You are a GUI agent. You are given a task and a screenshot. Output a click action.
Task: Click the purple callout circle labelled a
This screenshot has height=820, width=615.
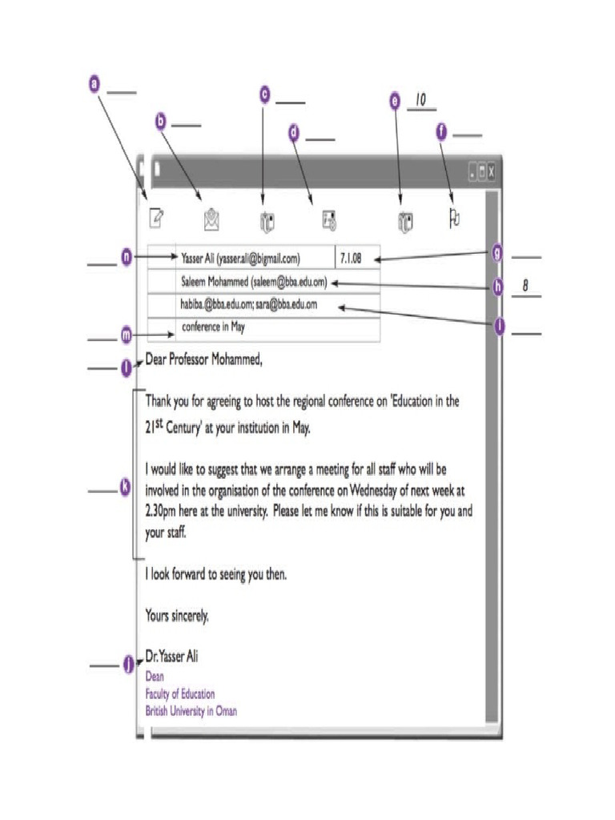94,82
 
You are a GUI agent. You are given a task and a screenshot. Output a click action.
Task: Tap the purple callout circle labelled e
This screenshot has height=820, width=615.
395,102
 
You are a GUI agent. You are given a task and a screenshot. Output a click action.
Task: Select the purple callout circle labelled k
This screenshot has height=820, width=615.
125,487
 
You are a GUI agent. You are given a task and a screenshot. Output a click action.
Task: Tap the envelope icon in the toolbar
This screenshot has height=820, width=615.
211,219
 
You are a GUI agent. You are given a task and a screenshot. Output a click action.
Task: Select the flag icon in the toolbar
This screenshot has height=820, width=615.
453,219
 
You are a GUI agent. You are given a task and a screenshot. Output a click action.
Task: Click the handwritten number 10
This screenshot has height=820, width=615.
420,100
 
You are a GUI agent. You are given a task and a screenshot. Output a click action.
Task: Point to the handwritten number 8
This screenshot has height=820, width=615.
525,286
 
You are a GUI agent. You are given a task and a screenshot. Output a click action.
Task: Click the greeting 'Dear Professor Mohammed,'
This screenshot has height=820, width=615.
203,360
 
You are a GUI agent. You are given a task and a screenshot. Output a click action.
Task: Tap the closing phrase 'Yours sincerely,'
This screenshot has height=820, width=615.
177,616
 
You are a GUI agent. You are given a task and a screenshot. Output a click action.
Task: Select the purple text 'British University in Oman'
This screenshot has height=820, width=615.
191,710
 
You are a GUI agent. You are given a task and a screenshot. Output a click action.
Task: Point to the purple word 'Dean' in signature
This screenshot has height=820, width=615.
155,677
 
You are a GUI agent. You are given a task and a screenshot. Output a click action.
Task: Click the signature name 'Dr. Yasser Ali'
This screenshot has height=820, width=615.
171,657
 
